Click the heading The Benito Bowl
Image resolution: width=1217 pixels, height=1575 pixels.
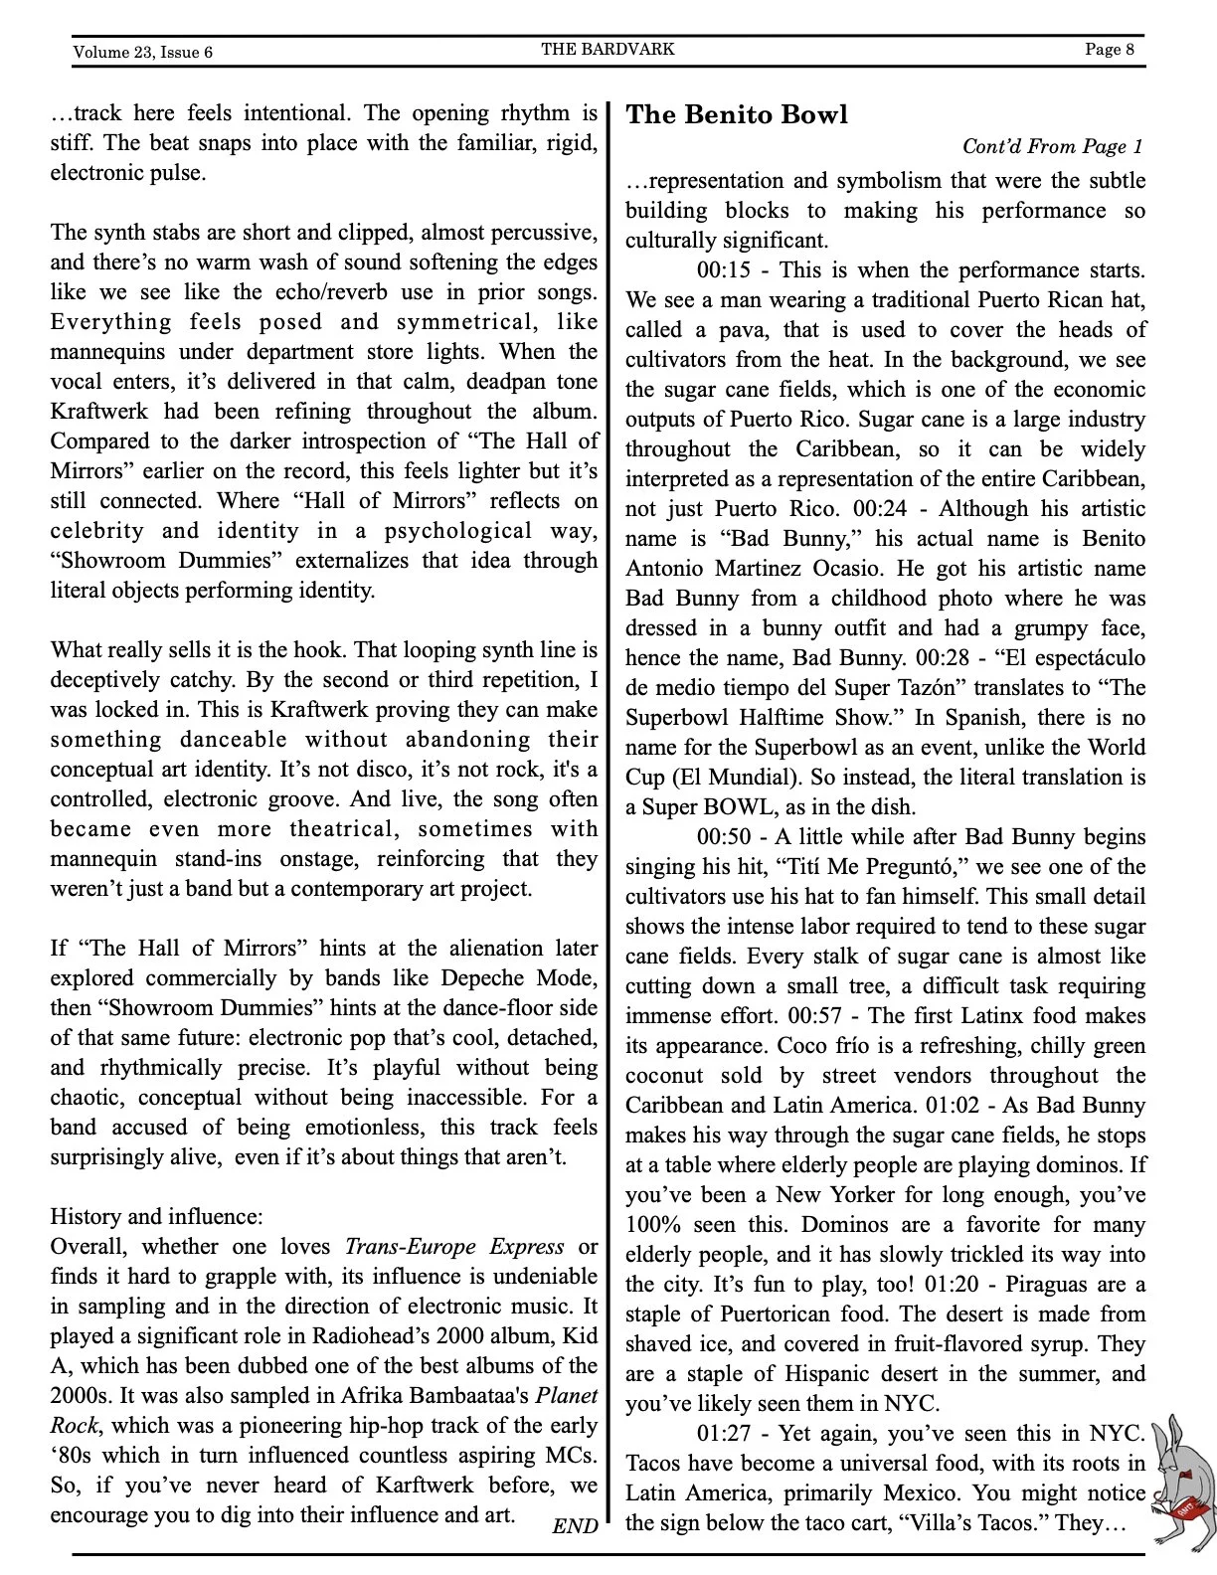[x=736, y=114]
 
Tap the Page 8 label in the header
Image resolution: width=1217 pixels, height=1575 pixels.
[x=1110, y=50]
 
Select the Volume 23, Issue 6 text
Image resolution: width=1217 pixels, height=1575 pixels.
[x=142, y=52]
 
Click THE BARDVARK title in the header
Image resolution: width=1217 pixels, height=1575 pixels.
[x=608, y=49]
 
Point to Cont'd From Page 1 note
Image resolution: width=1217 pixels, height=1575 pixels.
[x=1052, y=147]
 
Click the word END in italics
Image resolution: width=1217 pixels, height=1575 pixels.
[x=575, y=1526]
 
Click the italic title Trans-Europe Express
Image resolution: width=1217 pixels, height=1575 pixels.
[x=454, y=1247]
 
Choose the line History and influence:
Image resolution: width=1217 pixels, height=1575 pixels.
[x=157, y=1217]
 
